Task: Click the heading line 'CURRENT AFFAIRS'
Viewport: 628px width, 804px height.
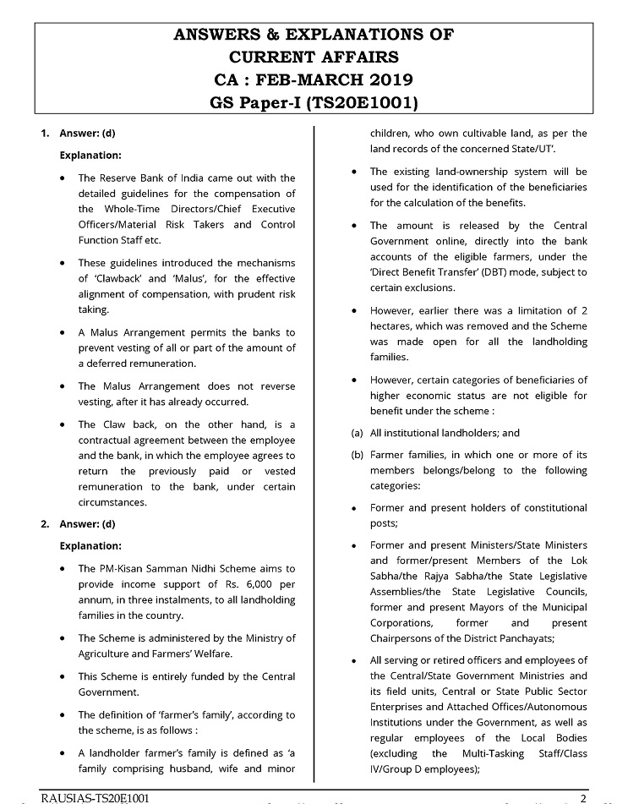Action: pyautogui.click(x=314, y=57)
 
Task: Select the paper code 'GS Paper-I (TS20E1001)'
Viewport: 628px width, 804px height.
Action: pyautogui.click(x=314, y=103)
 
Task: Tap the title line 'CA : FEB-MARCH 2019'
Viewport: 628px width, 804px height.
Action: pyautogui.click(x=314, y=80)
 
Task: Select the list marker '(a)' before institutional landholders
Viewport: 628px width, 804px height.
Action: pyautogui.click(x=357, y=433)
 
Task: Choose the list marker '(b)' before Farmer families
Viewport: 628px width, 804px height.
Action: pyautogui.click(x=357, y=455)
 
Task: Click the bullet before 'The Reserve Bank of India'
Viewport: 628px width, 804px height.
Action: pyautogui.click(x=64, y=178)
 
